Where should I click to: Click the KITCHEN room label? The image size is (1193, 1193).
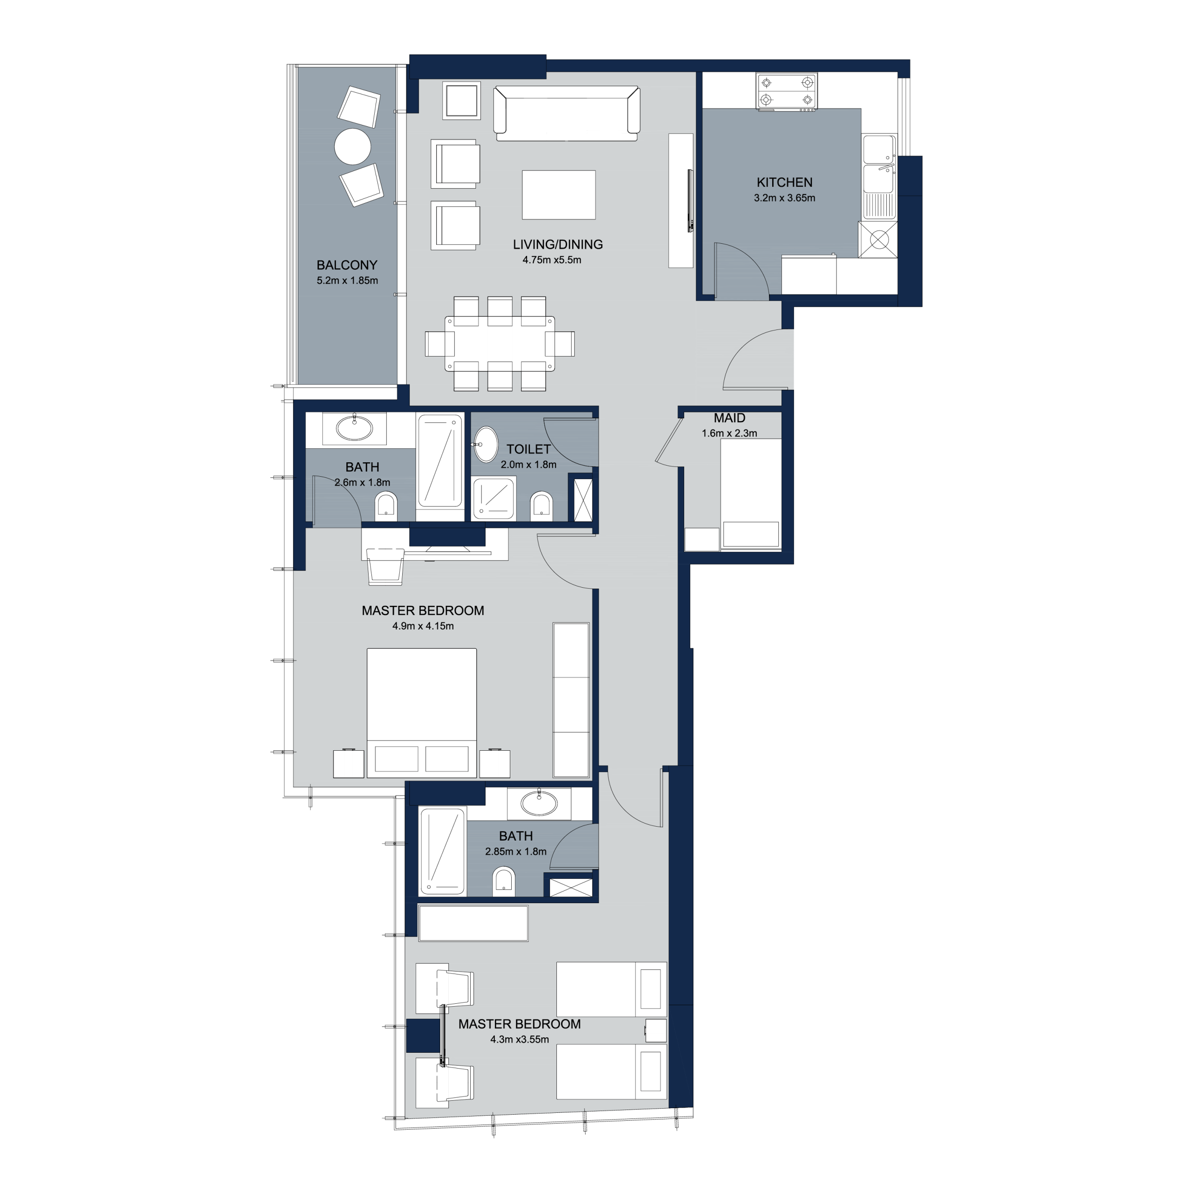click(x=784, y=182)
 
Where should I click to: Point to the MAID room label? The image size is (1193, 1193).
click(x=729, y=418)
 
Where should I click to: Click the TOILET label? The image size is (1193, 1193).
click(x=528, y=450)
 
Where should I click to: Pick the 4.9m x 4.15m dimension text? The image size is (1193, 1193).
click(x=423, y=626)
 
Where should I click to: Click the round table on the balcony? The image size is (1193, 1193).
click(x=353, y=146)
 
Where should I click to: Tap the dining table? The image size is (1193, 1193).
click(x=500, y=343)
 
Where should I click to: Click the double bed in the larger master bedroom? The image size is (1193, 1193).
click(x=422, y=713)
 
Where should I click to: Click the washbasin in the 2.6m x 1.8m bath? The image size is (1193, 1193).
click(x=355, y=427)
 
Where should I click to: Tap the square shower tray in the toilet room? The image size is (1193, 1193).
click(x=494, y=498)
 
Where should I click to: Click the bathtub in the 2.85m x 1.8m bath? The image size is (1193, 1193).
click(x=442, y=851)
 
